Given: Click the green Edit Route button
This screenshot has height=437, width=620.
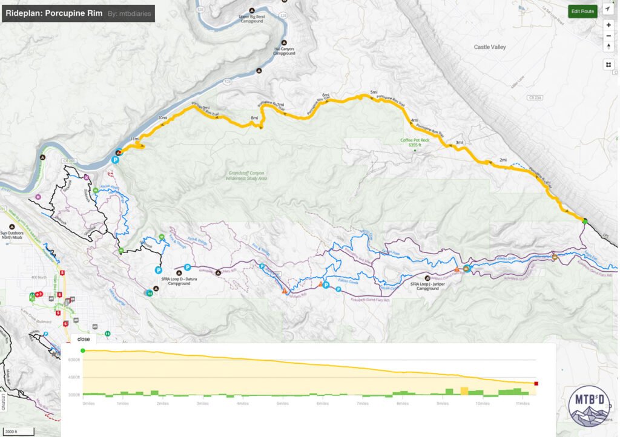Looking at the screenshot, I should point(583,11).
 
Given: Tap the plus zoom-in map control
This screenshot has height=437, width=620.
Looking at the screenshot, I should point(608,25).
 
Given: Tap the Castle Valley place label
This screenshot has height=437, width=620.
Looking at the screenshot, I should point(489,47).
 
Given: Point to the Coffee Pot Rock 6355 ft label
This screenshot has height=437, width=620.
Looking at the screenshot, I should point(415,142).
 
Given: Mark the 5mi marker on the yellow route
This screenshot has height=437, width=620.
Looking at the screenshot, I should point(374,93).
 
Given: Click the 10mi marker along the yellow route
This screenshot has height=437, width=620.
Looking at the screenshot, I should point(162,117).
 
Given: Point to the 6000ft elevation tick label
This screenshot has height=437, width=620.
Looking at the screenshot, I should point(73,360).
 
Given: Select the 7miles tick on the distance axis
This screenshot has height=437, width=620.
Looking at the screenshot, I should point(363,403).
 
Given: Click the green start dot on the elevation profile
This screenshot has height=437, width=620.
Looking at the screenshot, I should point(83,350).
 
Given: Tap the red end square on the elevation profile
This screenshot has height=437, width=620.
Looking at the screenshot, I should point(536,383).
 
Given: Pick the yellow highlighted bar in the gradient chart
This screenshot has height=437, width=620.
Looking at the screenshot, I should point(464,391).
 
